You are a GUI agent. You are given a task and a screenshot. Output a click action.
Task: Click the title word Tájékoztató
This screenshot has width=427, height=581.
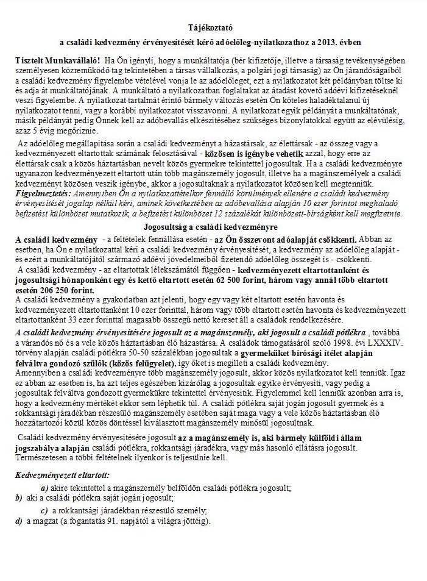pos(213,29)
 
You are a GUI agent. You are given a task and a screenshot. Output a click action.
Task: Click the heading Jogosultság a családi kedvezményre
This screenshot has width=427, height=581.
pos(213,226)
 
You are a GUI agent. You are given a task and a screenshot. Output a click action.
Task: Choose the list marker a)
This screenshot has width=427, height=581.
pos(44,488)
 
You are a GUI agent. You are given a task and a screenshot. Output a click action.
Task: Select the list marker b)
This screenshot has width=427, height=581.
pos(18,499)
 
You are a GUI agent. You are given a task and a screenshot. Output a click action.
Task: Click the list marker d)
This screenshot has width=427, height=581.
pos(18,522)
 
